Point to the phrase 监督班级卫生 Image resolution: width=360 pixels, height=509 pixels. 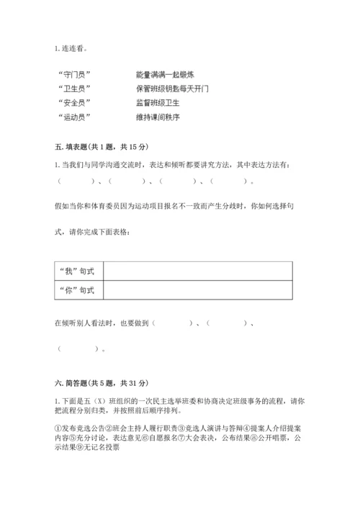click(x=158, y=102)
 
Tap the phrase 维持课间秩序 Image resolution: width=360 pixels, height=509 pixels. click(x=158, y=116)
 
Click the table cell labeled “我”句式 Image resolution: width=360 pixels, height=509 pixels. click(x=79, y=271)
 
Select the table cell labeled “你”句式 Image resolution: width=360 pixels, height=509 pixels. click(x=79, y=289)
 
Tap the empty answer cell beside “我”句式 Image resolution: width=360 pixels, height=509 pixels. click(x=198, y=271)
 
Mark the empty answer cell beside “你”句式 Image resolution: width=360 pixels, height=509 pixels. click(x=198, y=289)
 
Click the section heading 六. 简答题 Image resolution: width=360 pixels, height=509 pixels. click(x=102, y=379)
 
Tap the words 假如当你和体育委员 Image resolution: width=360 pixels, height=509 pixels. click(x=101, y=205)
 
